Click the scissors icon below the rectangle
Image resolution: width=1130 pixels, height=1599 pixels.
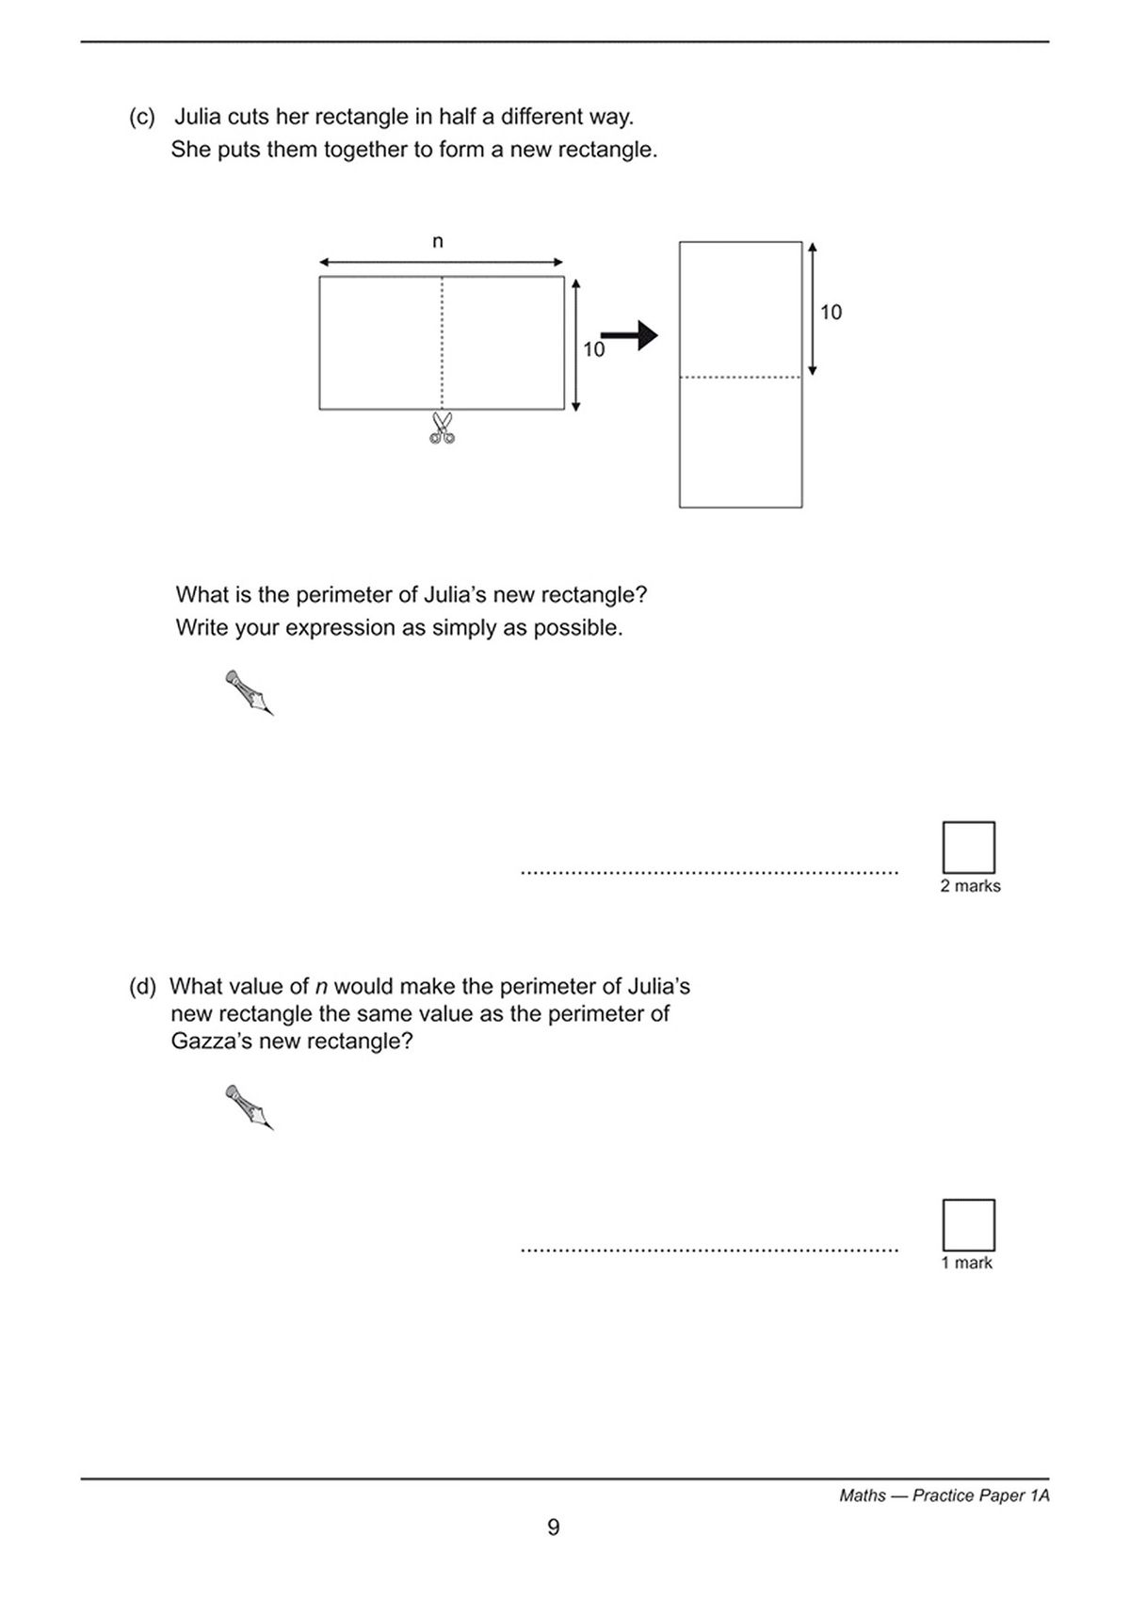pos(442,428)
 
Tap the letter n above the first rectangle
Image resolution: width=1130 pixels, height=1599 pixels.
pos(438,242)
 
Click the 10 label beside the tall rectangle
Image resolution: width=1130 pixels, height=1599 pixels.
pos(831,313)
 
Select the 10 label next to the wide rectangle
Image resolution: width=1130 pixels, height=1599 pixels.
pos(593,349)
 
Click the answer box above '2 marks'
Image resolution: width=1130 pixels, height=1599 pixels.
pos(968,848)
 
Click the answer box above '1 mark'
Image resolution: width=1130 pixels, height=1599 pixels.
pos(968,1224)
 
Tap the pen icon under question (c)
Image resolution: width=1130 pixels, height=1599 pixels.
pos(250,693)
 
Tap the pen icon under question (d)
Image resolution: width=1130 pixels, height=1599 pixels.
pos(250,1107)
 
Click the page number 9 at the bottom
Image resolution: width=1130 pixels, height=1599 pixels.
pos(554,1527)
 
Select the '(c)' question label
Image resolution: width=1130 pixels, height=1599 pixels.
pos(142,118)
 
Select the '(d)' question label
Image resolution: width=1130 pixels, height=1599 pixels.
pos(142,987)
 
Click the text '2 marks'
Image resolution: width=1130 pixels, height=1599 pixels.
pos(970,886)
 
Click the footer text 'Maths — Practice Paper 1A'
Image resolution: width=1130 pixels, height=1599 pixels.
pos(944,1495)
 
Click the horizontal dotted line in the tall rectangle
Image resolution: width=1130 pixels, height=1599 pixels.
pos(740,379)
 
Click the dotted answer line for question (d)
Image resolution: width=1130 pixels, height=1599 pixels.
pos(709,1251)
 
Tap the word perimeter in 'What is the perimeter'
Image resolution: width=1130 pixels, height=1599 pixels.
pos(343,595)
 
